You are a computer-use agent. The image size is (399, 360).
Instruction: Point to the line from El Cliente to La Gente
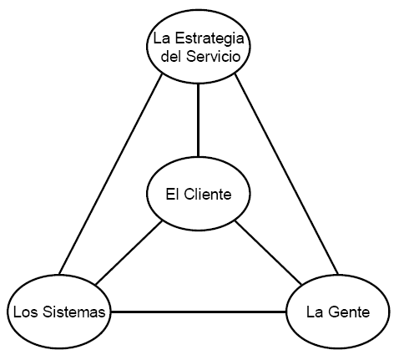tap(267, 253)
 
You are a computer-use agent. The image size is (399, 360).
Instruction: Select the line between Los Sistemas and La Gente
tap(199, 312)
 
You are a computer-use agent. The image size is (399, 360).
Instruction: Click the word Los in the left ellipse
tap(23, 312)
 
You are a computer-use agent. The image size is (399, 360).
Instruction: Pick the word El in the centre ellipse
tap(174, 195)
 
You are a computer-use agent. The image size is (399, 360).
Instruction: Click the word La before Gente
tap(315, 312)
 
